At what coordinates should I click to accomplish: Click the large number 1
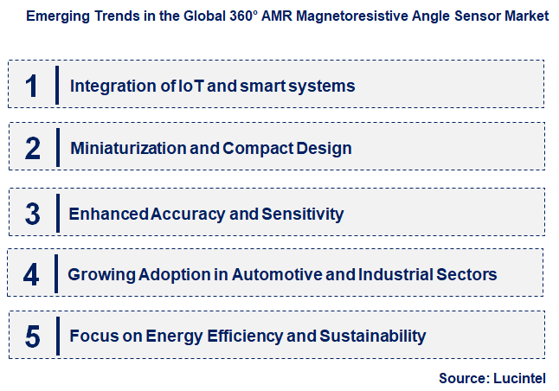click(x=32, y=85)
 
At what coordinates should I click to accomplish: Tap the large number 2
click(x=32, y=148)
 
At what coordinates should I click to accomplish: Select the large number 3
click(x=32, y=213)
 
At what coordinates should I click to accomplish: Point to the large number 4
click(x=32, y=274)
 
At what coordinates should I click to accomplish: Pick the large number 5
click(x=32, y=336)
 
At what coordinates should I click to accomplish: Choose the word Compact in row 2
click(x=252, y=148)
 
